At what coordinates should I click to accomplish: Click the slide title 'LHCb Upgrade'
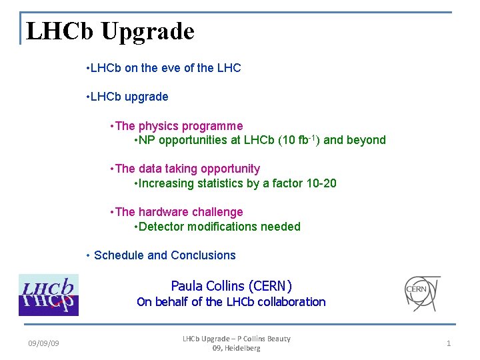(110, 31)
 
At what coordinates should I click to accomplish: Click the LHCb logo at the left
(48, 295)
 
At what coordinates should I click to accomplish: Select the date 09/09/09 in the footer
(43, 343)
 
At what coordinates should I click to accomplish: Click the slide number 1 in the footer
(449, 343)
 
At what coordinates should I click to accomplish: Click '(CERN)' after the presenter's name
(270, 286)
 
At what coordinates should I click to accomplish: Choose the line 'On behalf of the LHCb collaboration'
(231, 302)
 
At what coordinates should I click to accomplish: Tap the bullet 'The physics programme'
(179, 126)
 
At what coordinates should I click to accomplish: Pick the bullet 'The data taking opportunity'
(187, 169)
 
